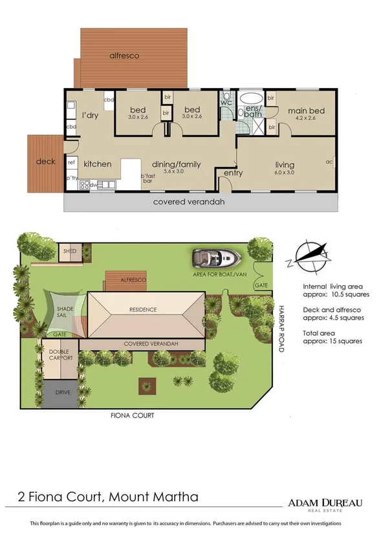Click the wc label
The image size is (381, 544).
[226, 102]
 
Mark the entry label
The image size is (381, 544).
[233, 173]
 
